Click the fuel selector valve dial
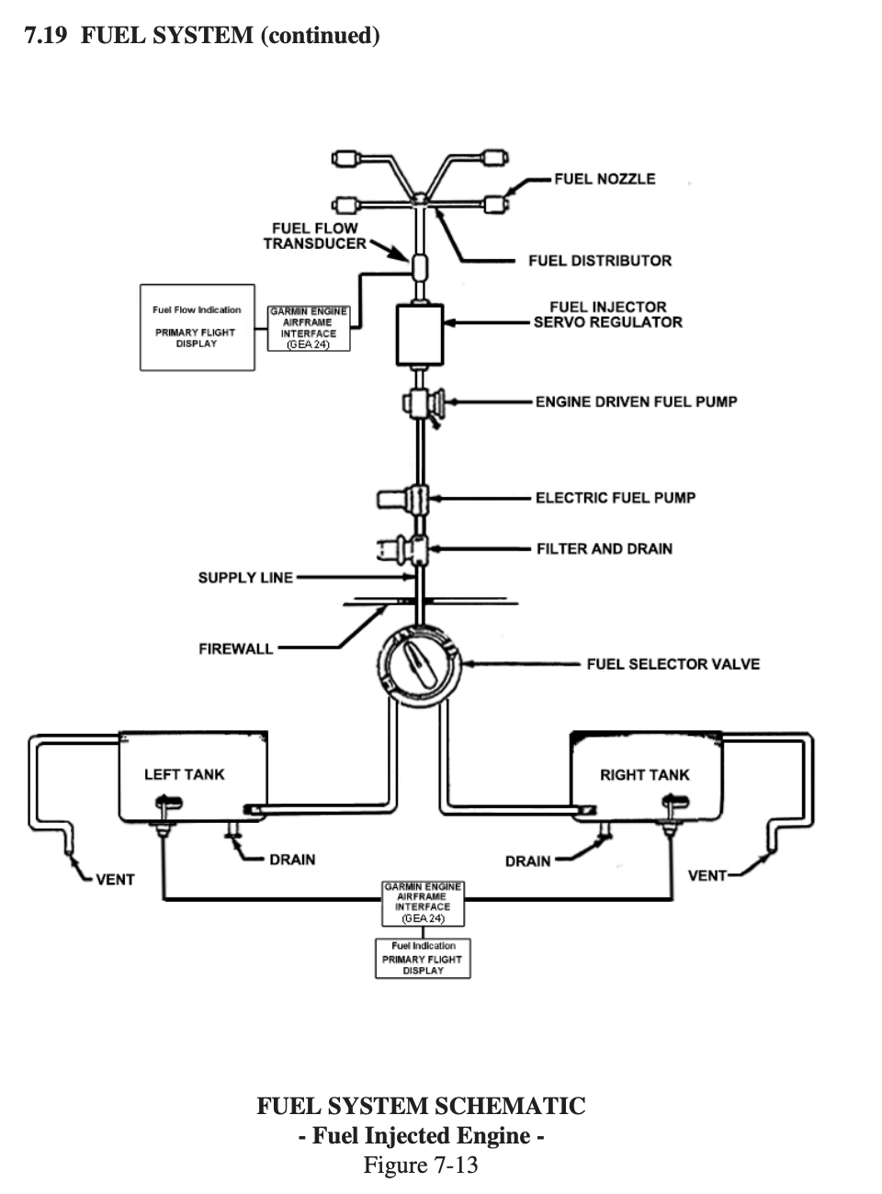point(420,663)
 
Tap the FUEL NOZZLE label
point(605,179)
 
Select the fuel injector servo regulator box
point(420,335)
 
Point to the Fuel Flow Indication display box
point(198,327)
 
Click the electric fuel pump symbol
point(404,499)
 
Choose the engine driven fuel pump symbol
point(424,402)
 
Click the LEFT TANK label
point(184,774)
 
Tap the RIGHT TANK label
point(645,774)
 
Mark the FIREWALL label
point(236,648)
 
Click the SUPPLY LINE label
point(245,578)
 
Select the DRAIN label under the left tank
point(292,859)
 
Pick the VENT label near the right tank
point(707,876)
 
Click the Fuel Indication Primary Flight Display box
point(423,958)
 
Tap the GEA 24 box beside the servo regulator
point(309,329)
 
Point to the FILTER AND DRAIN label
point(605,548)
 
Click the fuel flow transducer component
point(420,267)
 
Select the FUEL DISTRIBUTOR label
point(600,261)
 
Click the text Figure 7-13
point(421,1165)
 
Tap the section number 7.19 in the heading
point(46,36)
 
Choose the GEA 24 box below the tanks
point(423,903)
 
